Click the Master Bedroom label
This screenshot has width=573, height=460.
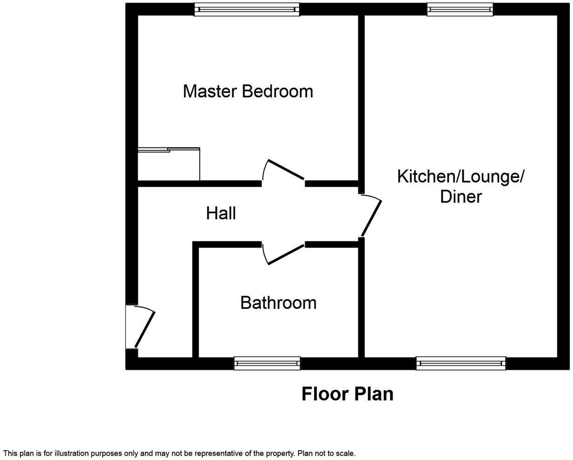point(248,91)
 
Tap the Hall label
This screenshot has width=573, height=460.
point(221,213)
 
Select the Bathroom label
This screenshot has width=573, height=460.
point(278,303)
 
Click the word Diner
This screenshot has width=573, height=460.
point(460,197)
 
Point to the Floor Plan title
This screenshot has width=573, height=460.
point(347,394)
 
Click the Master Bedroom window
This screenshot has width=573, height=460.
point(247,9)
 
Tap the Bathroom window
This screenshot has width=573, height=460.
point(267,363)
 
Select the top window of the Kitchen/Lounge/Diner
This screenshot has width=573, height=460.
point(460,9)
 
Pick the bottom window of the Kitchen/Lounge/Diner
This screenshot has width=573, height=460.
point(461,363)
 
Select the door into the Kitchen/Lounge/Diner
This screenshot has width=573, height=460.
point(371,217)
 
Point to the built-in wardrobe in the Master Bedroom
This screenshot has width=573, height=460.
point(169,164)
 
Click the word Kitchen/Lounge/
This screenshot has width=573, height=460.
point(460,177)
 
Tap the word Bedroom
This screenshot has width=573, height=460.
point(277,91)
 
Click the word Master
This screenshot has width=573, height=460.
point(210,91)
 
